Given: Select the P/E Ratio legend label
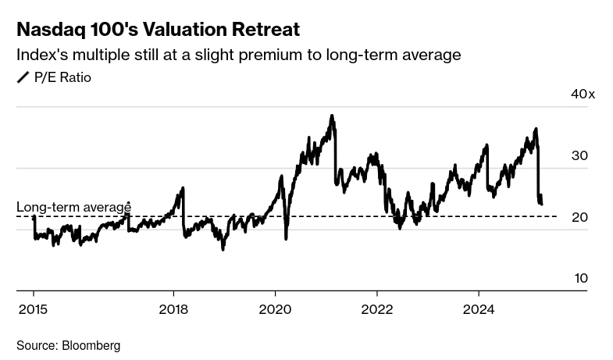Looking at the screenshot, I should pos(62,77).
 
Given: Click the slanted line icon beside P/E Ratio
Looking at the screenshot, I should pos(23,77).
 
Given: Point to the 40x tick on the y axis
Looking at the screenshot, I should pos(583,94).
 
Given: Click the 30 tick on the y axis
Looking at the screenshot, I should pos(579,155).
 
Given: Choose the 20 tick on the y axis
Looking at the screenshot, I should pos(579,217).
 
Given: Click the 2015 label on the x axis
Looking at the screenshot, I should pos(33,309).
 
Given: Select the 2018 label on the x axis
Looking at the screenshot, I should pos(173,309).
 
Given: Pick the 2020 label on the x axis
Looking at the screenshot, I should pos(275,309).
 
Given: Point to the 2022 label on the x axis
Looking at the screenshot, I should pos(377,309).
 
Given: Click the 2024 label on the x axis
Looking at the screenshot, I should pos(479,309).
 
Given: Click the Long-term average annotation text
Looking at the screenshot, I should pos(73,207).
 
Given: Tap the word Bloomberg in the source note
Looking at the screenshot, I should pos(91,345).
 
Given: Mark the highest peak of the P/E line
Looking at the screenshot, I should pos(332,116).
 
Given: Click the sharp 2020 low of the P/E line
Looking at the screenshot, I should pos(286,238).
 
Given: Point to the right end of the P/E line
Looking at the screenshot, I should pos(541,204).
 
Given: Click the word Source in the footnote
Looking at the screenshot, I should pos(36,345).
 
